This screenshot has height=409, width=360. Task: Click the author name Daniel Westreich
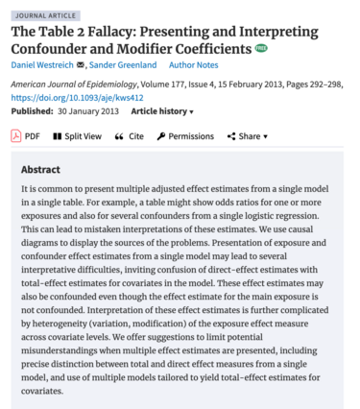42,65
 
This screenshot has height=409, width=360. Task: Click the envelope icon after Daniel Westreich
82,65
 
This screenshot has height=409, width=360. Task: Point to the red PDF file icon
14,136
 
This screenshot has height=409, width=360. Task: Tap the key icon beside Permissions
161,136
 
